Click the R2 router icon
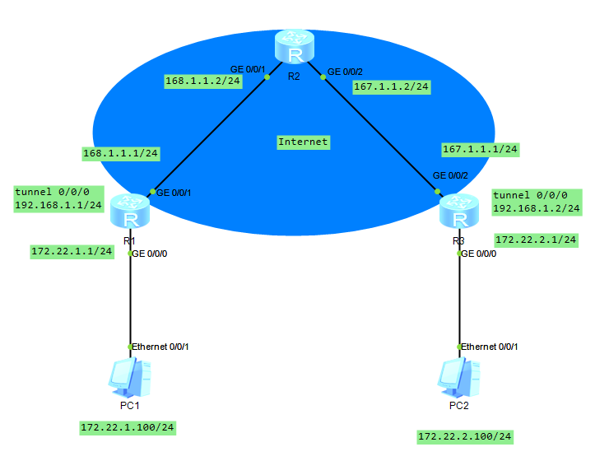point(294,49)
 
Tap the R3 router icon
point(459,212)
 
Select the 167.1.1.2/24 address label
point(391,86)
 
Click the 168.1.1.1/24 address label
point(121,153)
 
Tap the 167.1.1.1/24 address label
point(480,149)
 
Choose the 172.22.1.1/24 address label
point(72,252)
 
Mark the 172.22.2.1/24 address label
point(536,240)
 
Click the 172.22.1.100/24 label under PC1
point(128,428)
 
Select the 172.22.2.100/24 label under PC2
point(465,436)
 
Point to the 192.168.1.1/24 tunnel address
point(58,205)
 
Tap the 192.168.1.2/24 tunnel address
point(536,208)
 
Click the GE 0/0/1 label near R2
point(247,69)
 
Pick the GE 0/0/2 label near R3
point(450,175)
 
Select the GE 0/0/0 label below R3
point(479,254)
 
